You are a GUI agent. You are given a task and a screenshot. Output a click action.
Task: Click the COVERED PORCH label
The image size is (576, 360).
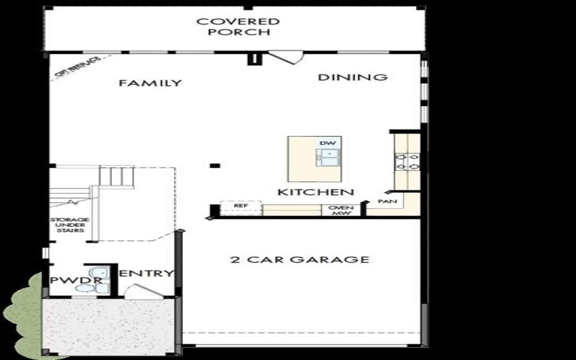click(x=238, y=27)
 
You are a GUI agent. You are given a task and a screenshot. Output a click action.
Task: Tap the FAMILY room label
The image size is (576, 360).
click(x=150, y=83)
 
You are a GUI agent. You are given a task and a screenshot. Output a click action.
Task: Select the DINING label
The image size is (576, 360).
click(x=353, y=77)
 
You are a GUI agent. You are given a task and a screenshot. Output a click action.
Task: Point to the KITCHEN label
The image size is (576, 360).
click(x=316, y=192)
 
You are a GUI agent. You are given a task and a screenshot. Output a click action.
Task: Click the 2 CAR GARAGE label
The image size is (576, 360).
click(x=300, y=259)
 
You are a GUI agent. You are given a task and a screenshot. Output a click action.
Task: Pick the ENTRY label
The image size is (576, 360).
click(x=146, y=273)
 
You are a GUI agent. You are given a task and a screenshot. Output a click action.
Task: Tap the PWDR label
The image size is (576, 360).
click(x=66, y=279)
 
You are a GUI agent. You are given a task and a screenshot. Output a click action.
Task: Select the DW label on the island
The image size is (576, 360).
click(x=328, y=143)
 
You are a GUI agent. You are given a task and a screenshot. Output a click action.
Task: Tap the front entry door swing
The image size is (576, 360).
click(x=140, y=292)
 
